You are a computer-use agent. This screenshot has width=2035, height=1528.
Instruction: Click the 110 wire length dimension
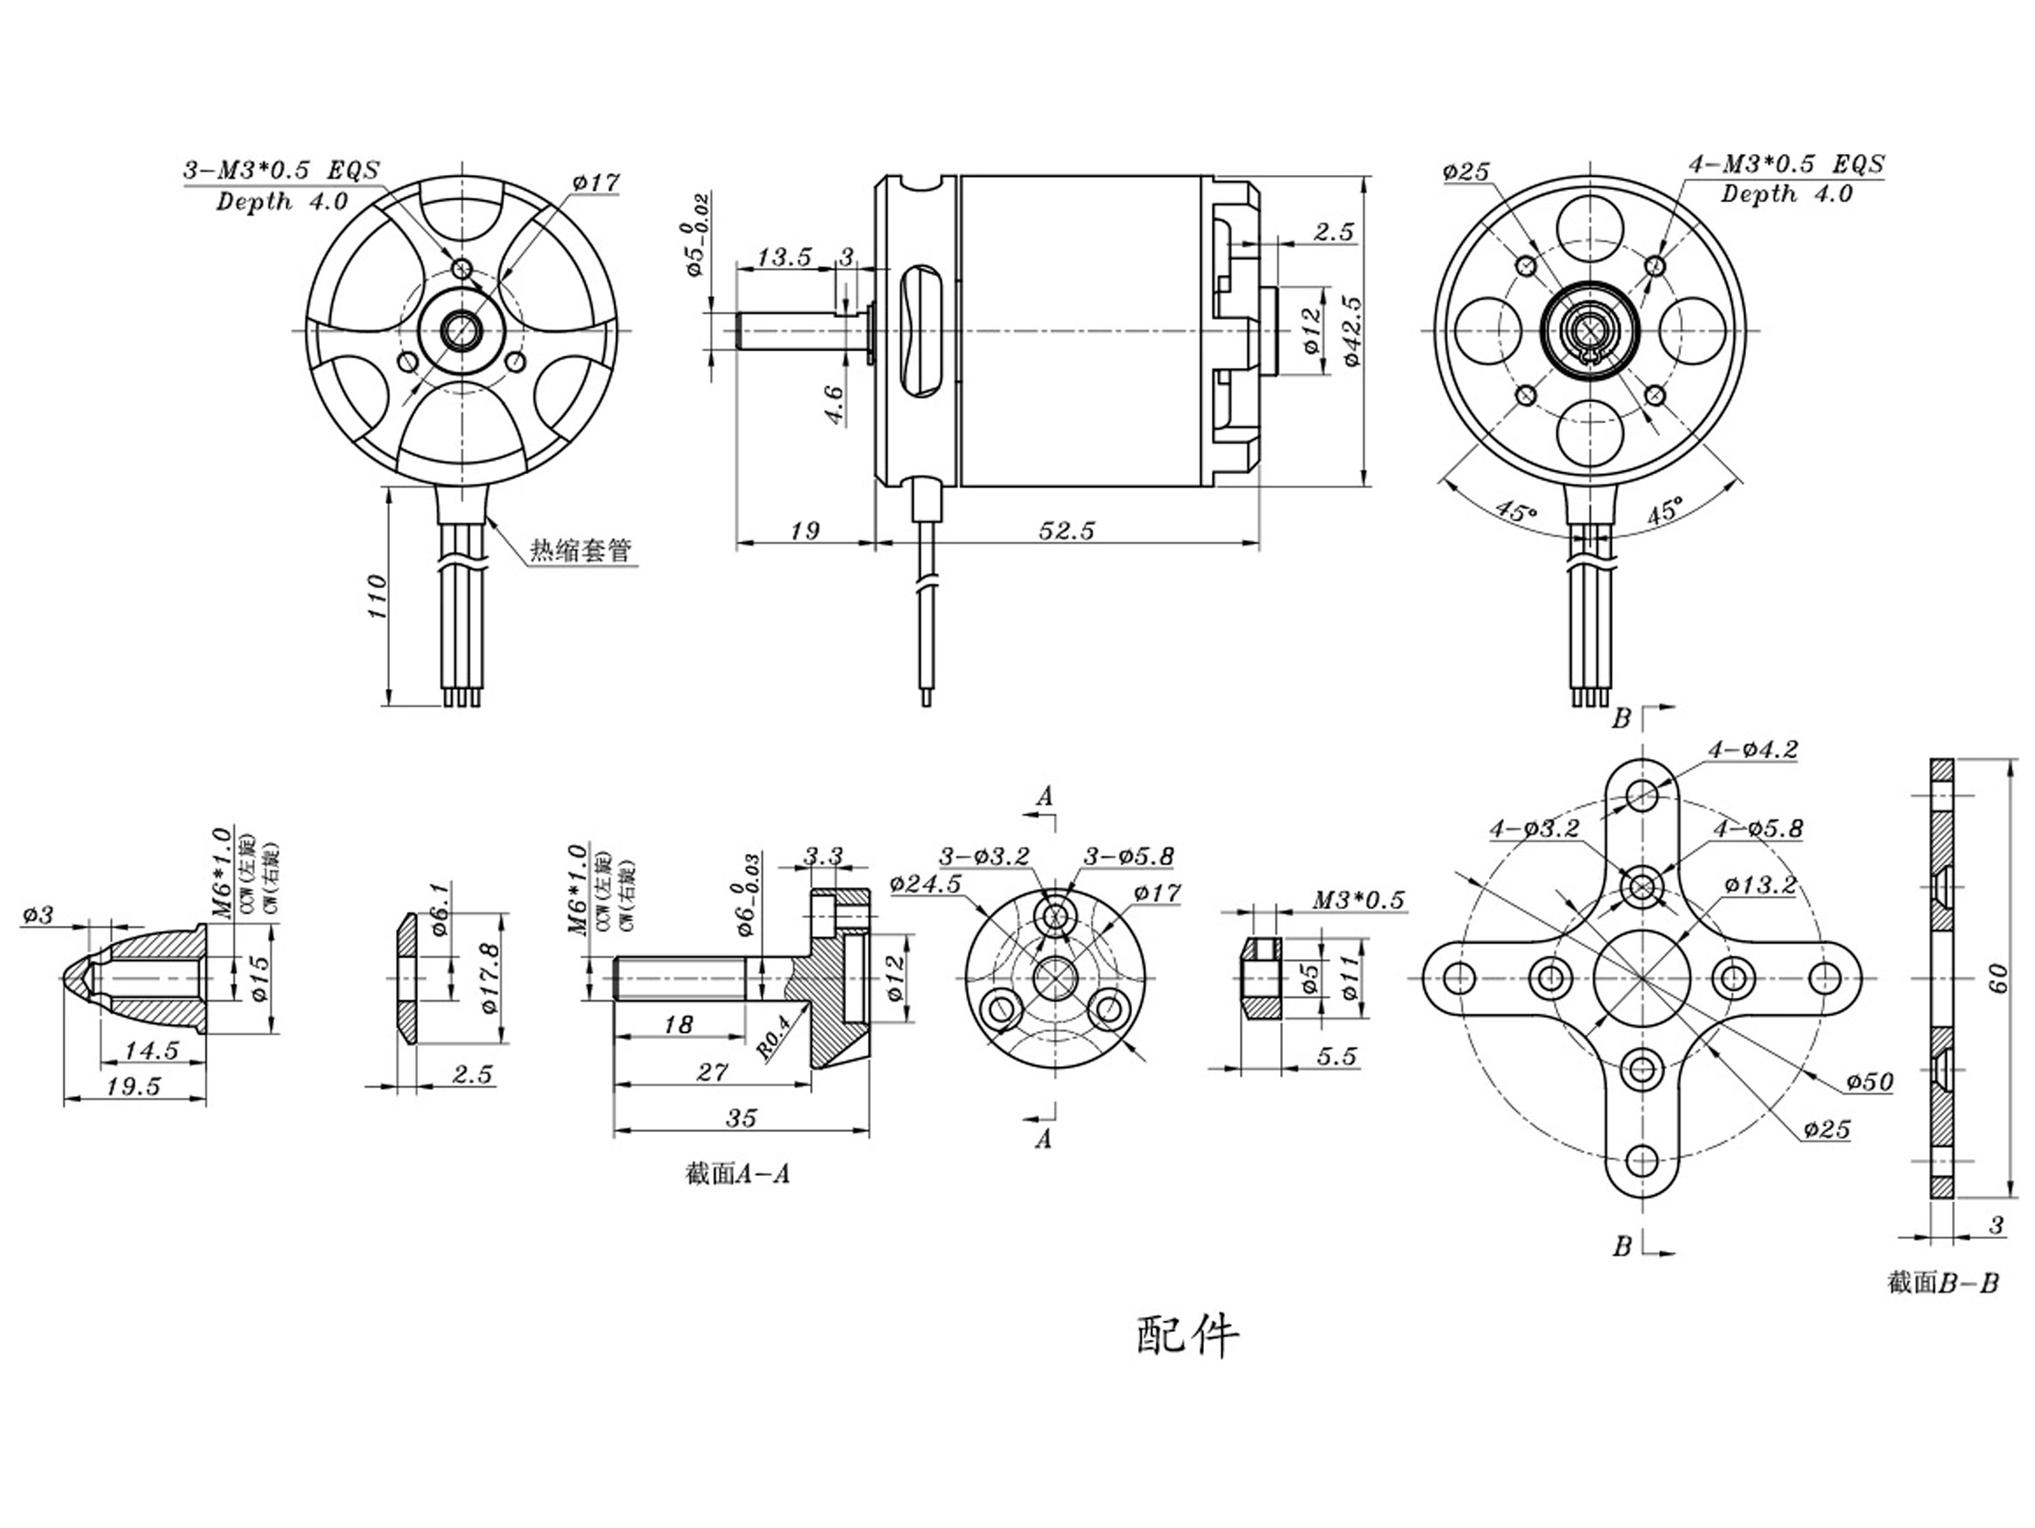[x=377, y=596]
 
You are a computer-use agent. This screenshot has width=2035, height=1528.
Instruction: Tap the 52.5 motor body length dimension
[x=1066, y=531]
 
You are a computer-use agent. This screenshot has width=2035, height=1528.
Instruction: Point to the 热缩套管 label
[x=581, y=551]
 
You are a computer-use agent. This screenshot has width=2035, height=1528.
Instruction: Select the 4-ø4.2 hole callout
[x=1753, y=749]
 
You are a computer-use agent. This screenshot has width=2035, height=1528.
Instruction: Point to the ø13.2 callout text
[x=1760, y=885]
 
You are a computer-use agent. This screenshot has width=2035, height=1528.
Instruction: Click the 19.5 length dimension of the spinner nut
[x=134, y=1086]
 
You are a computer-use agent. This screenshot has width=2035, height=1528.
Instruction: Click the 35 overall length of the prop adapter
[x=741, y=1118]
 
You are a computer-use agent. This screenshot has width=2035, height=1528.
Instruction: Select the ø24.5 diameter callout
[x=925, y=884]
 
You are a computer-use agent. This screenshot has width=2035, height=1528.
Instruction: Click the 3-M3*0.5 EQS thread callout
[x=282, y=171]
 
